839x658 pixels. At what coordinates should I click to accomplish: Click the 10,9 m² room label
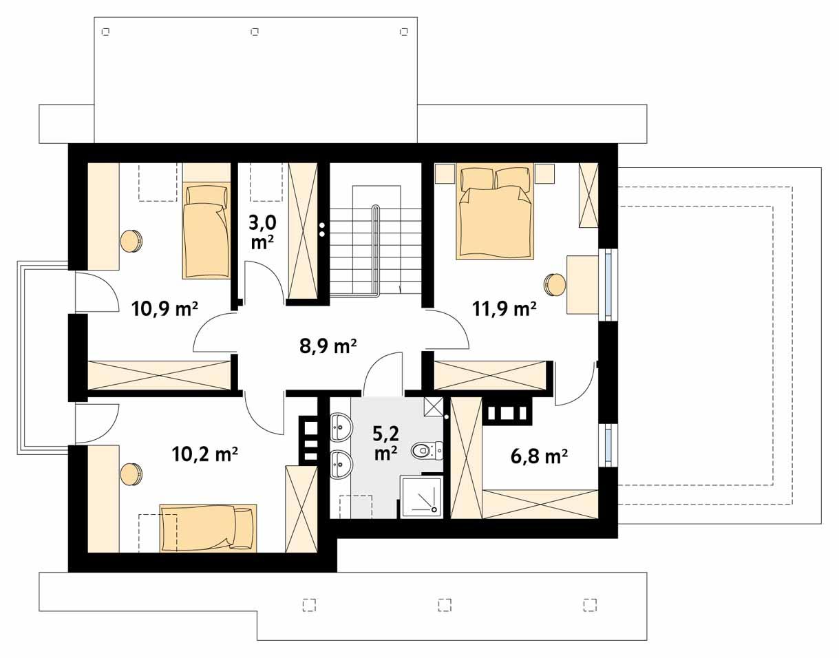pos(165,309)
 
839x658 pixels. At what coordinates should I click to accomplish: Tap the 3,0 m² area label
pos(263,232)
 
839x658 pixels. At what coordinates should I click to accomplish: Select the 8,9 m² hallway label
pos(328,346)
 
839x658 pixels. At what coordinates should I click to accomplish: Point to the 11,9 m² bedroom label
pos(505,309)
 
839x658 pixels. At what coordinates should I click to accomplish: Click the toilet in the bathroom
pos(425,452)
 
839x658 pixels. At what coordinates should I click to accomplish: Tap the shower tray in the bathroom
pos(421,496)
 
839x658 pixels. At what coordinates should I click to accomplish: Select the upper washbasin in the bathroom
pos(341,427)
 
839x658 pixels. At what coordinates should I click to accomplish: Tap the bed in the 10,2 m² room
pos(208,528)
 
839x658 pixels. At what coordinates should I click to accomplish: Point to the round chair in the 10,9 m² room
pos(131,241)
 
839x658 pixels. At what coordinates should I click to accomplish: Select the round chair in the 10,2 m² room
pos(131,474)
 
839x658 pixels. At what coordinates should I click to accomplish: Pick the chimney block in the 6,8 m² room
pos(508,412)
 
